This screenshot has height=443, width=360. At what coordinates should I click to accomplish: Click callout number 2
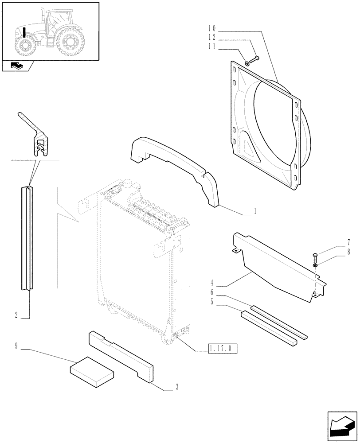[16, 315]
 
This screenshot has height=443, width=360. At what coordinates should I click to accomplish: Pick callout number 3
[176, 388]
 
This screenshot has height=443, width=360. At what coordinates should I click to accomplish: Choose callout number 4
[212, 282]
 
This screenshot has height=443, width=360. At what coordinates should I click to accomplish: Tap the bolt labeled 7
[315, 255]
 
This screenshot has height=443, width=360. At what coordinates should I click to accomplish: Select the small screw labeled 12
[254, 58]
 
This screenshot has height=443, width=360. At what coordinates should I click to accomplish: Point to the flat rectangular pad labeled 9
[92, 372]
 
